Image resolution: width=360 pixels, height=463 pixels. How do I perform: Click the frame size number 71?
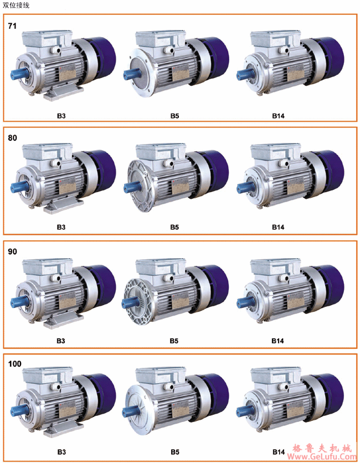pos(12,26)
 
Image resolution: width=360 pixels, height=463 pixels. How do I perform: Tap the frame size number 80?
pos(12,138)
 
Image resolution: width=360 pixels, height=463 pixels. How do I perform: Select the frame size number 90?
pos(12,251)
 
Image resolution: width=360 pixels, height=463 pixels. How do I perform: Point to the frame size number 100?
pos(15,364)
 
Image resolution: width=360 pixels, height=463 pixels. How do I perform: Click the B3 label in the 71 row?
pos(61,116)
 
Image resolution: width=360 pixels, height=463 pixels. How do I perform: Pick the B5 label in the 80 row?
pos(174,227)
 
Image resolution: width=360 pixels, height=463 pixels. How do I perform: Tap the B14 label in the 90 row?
pos(277,341)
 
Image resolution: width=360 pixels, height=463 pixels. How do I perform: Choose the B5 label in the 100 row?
pos(175,452)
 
